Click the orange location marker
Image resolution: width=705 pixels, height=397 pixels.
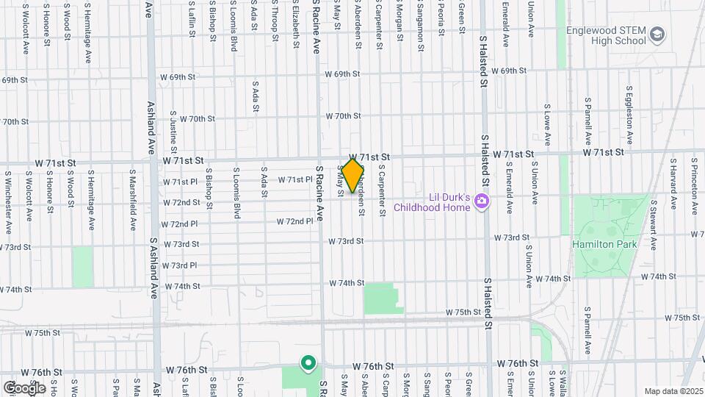pos(352,175)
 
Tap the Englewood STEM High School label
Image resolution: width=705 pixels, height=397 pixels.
pos(606,35)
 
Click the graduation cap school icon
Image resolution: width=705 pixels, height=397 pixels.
pos(657,35)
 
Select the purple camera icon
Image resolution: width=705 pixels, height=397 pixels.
pos(481,201)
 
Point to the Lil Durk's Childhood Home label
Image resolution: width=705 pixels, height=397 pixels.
pos(431,202)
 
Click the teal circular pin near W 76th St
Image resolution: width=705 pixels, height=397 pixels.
pos(308,362)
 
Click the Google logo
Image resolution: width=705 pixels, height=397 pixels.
pos(23,387)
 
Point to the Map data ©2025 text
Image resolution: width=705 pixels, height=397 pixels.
pos(673,391)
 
